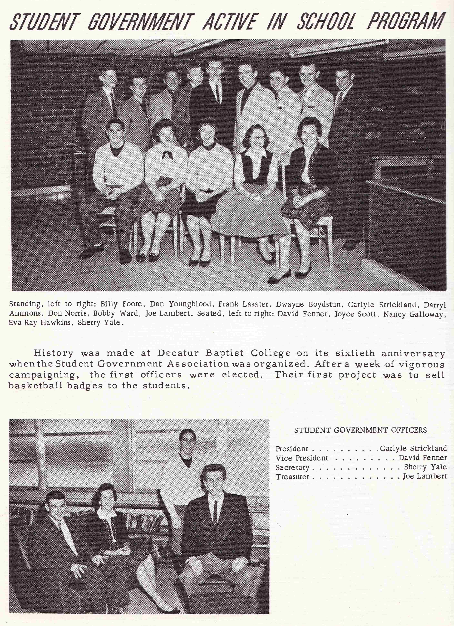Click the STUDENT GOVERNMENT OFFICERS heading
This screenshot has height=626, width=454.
pyautogui.click(x=360, y=430)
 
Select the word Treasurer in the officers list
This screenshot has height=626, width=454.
pyautogui.click(x=292, y=477)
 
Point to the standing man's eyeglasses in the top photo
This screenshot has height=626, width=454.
pyautogui.click(x=140, y=86)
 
